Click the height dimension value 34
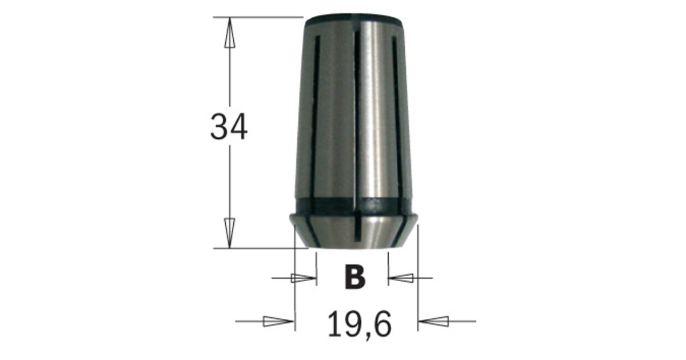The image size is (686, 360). pos(229,127)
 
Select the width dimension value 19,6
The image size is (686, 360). pos(360,323)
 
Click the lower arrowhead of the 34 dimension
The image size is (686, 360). pos(229,233)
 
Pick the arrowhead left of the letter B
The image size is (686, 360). pos(304,278)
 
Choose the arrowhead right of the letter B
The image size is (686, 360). pos(401,278)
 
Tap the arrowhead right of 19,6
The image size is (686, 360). pos(434,321)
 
